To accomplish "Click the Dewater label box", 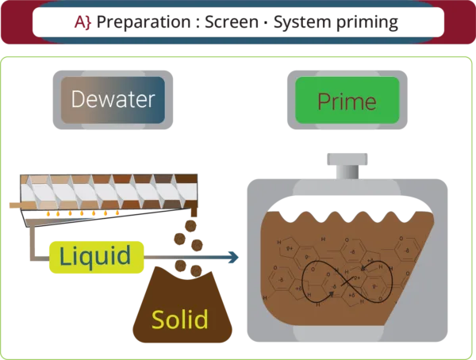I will tap(113, 100).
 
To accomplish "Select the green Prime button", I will tap(347, 101).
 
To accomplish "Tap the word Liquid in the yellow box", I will tap(95, 256).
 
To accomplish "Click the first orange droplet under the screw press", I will tap(48, 214).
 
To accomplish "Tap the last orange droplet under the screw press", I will tap(117, 213).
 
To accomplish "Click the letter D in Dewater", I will tap(77, 100).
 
